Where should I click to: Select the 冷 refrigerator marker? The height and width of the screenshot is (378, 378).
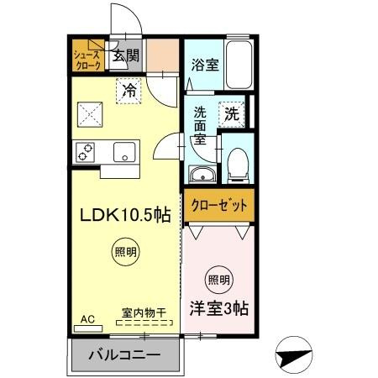(x=129, y=87)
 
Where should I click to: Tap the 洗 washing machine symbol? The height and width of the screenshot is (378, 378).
(x=230, y=111)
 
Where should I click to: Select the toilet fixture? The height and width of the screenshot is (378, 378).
(x=237, y=165)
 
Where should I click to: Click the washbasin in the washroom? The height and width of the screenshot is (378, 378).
(x=202, y=174)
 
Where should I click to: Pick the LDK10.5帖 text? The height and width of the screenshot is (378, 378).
(x=126, y=215)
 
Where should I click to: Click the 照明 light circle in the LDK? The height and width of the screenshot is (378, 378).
(x=123, y=252)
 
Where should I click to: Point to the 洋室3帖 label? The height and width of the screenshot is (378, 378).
(x=218, y=308)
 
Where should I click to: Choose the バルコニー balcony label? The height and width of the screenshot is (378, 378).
(x=126, y=356)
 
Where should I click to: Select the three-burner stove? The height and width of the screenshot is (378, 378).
(x=86, y=152)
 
